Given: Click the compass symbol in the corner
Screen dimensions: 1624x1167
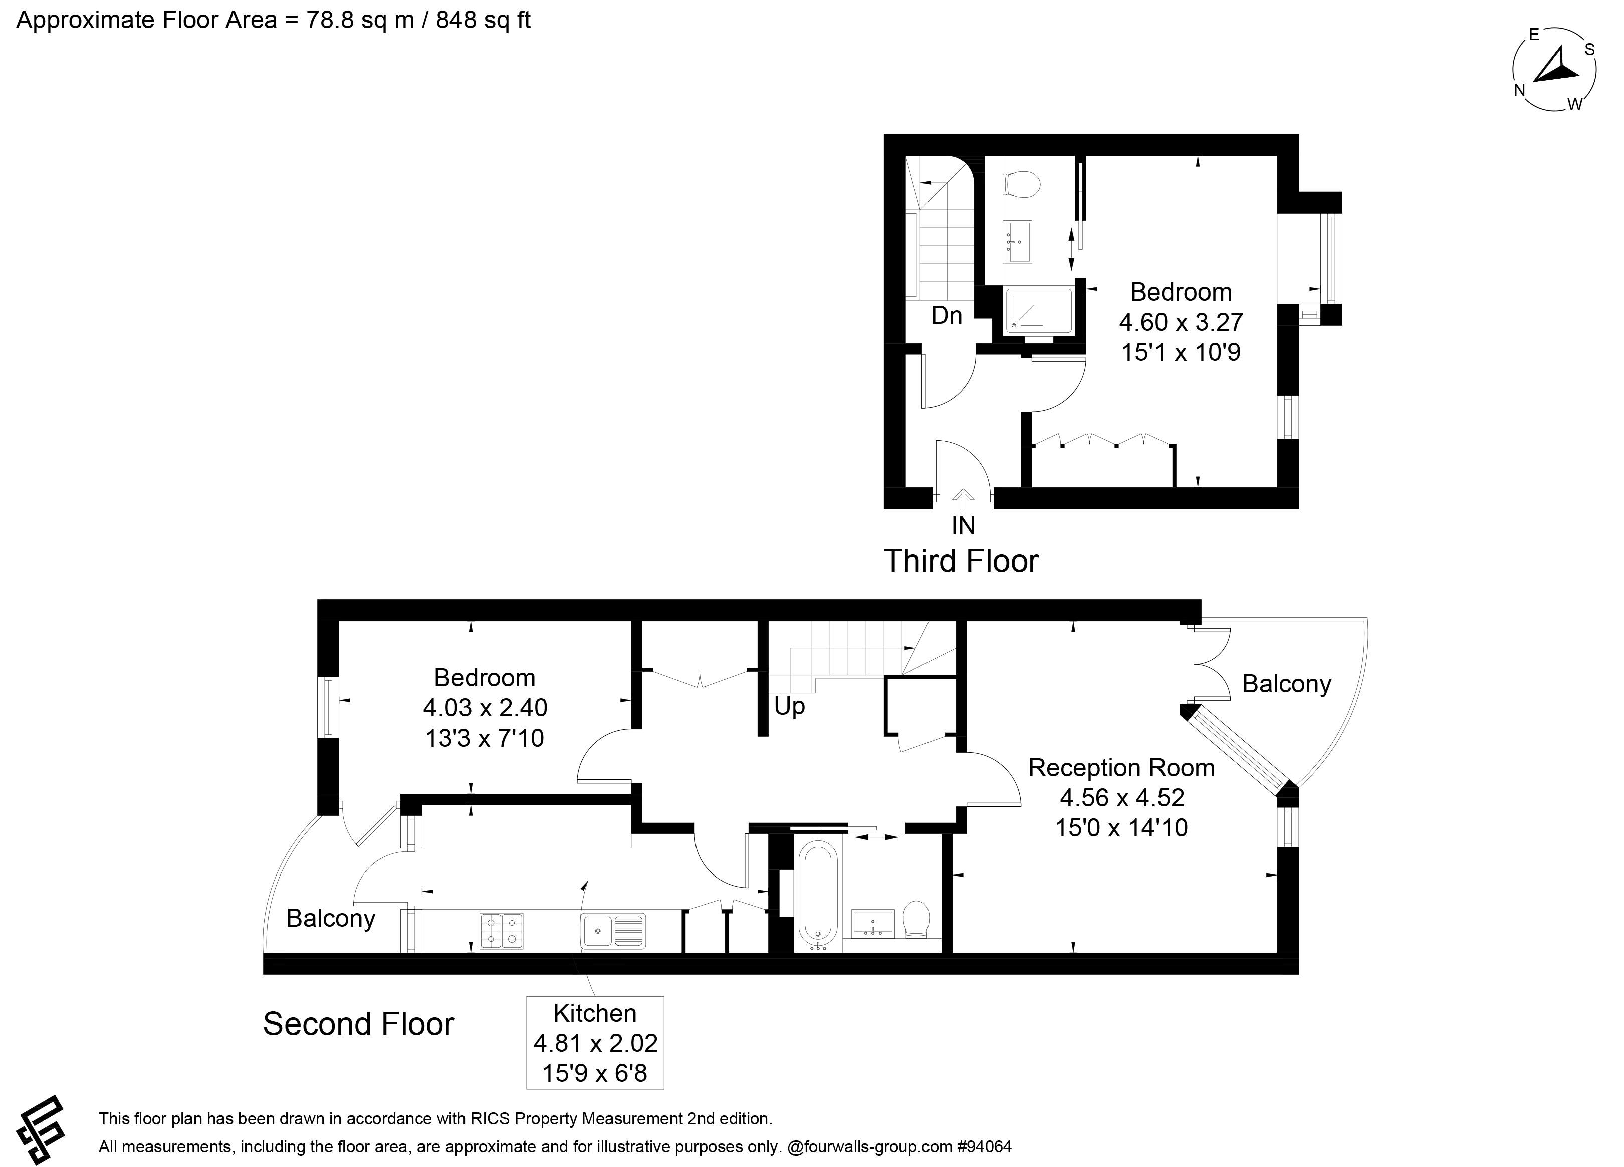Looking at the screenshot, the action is (1554, 70).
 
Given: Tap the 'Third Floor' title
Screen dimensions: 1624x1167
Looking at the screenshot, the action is (961, 561).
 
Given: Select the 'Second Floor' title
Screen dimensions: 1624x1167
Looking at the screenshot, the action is (359, 1024).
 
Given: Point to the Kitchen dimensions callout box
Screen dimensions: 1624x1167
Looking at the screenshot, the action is (595, 1042).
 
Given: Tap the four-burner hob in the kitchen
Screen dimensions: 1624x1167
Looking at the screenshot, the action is (501, 930).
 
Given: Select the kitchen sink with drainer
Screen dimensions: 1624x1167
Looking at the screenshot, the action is (613, 931).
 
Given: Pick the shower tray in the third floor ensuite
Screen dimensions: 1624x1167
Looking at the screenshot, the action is (1038, 310).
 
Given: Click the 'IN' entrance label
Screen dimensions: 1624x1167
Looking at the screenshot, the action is (963, 526).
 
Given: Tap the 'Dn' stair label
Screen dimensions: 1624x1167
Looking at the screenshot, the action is (947, 315).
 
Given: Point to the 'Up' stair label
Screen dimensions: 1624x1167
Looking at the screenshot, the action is (789, 707).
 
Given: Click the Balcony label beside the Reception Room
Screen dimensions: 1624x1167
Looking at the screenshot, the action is (1286, 685).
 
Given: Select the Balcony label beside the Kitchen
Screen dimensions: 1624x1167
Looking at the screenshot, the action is (331, 919).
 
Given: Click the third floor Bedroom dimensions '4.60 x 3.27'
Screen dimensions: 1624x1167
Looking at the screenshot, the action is (1181, 322).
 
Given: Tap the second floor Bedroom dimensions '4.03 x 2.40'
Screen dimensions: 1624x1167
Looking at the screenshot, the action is (485, 708).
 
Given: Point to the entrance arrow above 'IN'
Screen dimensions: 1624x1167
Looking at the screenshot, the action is (963, 499).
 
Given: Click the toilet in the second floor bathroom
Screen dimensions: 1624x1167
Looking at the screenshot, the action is (916, 919).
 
